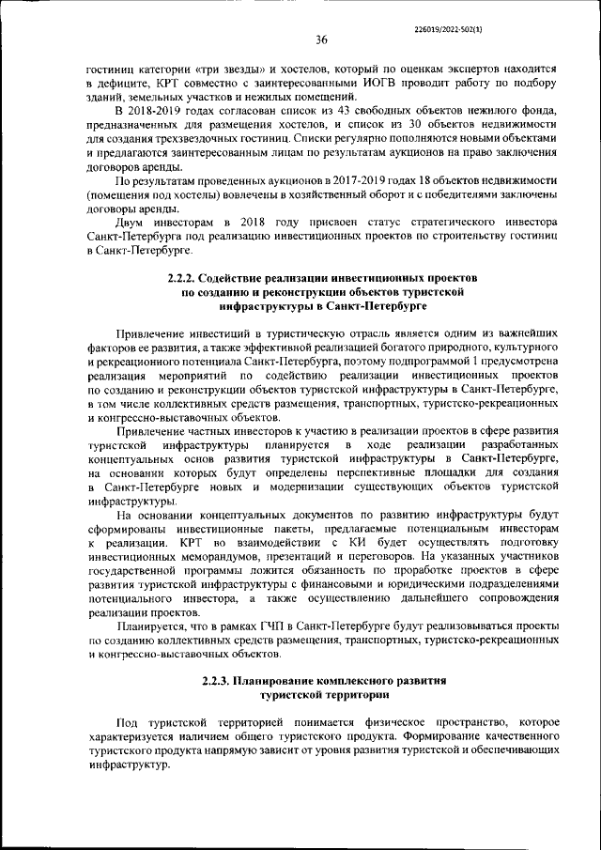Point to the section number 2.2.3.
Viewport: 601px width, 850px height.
220,678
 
